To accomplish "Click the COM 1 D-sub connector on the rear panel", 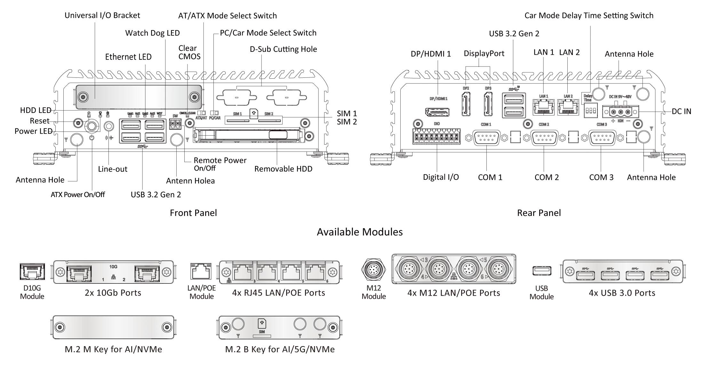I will pos(486,138).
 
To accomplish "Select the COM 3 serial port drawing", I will pos(602,138).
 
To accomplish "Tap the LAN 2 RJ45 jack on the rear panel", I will pos(568,107).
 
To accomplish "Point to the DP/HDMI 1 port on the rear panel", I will pos(437,112).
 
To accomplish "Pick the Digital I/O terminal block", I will pos(436,137).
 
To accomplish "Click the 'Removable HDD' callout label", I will pos(283,169).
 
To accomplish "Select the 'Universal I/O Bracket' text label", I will pos(102,15).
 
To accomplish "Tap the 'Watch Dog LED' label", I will pos(152,33).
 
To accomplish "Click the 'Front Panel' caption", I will pos(193,213).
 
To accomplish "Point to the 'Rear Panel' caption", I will pos(539,213).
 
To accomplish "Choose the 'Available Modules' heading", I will pos(360,232).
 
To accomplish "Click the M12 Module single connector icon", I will pos(373,271).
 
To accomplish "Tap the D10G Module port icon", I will pos(32,272).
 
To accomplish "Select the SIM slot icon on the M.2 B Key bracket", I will pos(262,324).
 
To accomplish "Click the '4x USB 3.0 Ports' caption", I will pos(622,293).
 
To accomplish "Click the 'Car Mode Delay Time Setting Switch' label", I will pos(589,15).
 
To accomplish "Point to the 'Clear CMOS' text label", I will pos(189,52).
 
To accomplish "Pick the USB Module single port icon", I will pos(542,271).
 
